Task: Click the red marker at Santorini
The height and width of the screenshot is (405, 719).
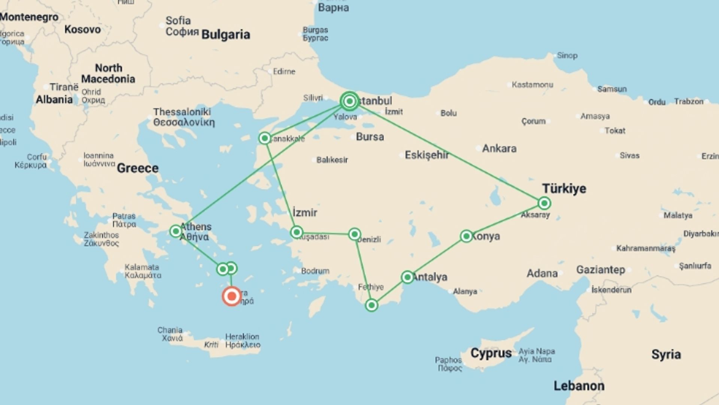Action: click(231, 296)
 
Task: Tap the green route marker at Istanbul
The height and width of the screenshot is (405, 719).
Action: click(349, 101)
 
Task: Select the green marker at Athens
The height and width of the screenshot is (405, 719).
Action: click(176, 231)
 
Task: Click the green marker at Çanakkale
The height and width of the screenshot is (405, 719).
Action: click(265, 138)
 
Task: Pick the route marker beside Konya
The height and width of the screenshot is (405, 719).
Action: click(466, 236)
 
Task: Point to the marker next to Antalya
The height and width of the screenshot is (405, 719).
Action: click(407, 277)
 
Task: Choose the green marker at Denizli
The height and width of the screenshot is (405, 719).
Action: click(354, 234)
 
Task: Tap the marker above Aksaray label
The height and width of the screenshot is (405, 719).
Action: click(544, 203)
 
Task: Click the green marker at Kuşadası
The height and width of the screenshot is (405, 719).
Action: click(297, 232)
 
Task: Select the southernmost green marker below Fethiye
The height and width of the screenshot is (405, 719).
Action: click(371, 305)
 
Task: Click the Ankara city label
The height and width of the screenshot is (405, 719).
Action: click(499, 148)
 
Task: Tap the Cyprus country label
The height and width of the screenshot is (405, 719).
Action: click(491, 353)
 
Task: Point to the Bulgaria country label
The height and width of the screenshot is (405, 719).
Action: click(225, 34)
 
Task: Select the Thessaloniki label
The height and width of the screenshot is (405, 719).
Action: click(182, 112)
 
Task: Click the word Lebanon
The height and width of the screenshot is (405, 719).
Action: click(579, 385)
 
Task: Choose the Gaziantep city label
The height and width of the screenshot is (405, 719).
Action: click(600, 270)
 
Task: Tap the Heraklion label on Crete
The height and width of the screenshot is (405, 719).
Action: click(242, 337)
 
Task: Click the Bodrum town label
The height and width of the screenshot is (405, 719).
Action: click(315, 271)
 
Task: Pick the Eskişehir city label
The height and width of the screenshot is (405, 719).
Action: click(427, 155)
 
